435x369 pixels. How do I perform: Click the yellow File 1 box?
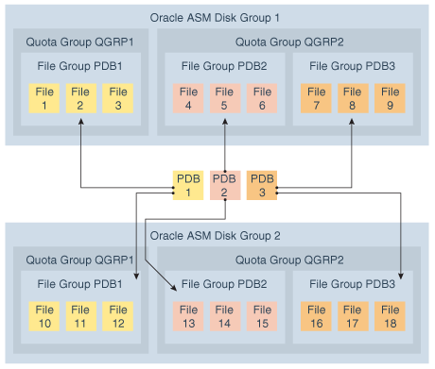point(44,98)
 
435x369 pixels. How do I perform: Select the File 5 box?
point(225,98)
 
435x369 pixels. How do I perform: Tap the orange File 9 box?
point(390,98)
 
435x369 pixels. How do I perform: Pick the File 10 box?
point(44,316)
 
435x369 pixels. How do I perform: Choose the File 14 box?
point(225,316)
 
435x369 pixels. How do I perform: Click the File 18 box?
point(390,316)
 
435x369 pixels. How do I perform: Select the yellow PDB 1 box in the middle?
point(188,185)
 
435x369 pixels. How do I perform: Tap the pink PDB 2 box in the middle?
point(225,185)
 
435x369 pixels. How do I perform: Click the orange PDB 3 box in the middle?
point(262,185)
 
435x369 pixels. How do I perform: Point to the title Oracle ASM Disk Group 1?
point(215,18)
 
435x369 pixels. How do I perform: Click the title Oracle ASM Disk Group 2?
point(215,236)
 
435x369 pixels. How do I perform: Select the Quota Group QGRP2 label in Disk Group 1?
point(289,42)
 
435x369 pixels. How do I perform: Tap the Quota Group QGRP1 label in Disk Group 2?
point(79,260)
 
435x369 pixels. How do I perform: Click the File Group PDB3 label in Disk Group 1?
point(352,66)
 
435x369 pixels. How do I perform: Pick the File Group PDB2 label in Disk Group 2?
point(224,284)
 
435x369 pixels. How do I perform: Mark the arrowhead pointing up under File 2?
point(81,122)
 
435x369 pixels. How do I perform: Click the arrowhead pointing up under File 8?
point(352,122)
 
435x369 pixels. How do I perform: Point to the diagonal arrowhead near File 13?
point(174,287)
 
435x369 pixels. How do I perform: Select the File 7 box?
point(316,98)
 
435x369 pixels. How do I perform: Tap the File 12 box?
point(118,316)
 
